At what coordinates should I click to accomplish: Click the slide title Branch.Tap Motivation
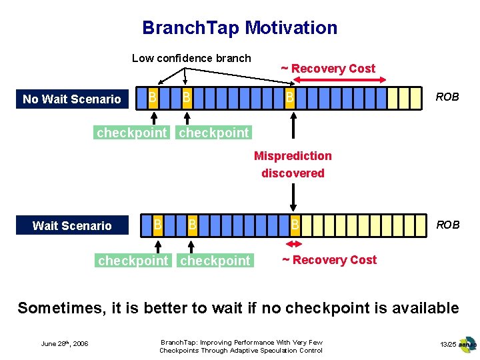[x=239, y=28]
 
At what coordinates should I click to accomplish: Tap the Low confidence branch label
[x=191, y=58]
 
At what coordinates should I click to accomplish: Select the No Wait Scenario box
[x=72, y=99]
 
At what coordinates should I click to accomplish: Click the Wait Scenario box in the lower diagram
[x=72, y=225]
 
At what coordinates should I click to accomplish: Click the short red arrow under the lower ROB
[x=293, y=245]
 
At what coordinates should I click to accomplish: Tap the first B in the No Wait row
[x=153, y=98]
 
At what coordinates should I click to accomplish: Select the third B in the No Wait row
[x=290, y=98]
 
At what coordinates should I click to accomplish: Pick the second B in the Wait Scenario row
[x=192, y=225]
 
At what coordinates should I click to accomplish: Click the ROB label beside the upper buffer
[x=447, y=97]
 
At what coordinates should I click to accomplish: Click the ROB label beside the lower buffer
[x=447, y=225]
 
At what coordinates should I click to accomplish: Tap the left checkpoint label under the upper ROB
[x=132, y=133]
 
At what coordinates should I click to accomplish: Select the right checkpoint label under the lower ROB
[x=215, y=261]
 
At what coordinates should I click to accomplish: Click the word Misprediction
[x=293, y=156]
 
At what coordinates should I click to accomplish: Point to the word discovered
[x=293, y=173]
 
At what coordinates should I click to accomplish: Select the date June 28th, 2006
[x=65, y=344]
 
